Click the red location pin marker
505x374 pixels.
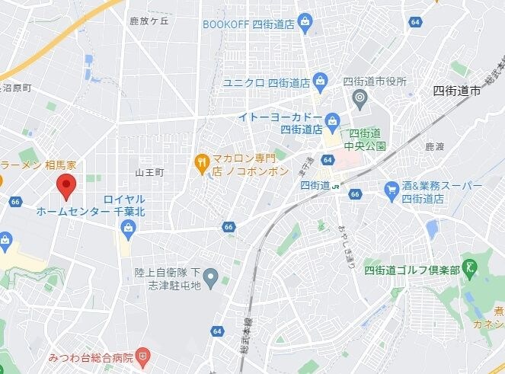[66, 185]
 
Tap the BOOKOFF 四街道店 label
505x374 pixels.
[248, 23]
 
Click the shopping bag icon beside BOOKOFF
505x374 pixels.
[305, 21]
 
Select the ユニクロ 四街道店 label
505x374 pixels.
[266, 82]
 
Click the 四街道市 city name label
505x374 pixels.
[456, 90]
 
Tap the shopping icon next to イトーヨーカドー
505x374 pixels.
[332, 120]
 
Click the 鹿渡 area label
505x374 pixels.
[434, 145]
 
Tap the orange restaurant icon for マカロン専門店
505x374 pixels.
[201, 160]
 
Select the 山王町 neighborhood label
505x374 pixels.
[149, 173]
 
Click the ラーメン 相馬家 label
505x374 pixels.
[37, 165]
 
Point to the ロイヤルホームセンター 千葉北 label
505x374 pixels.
[90, 205]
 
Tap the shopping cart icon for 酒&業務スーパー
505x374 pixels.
[392, 187]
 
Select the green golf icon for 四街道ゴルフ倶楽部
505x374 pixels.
[471, 267]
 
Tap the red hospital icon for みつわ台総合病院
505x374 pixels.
[143, 356]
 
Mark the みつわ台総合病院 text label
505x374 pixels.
[91, 356]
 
